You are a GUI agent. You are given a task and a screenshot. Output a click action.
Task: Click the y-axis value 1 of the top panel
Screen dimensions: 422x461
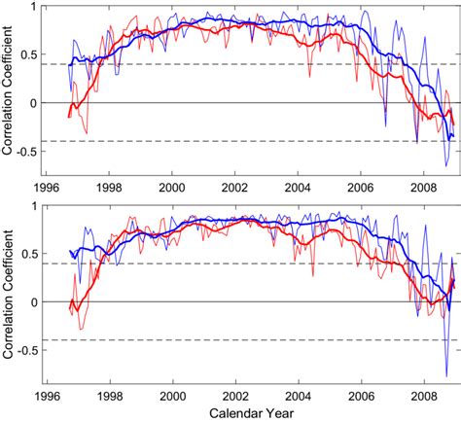point(38,8)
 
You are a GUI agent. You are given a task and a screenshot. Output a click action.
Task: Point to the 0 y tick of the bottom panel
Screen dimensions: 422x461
point(38,302)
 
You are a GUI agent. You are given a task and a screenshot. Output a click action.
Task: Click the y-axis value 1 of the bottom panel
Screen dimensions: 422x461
point(38,207)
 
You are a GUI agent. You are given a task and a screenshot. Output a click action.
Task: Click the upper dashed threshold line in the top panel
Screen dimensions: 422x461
point(243,64)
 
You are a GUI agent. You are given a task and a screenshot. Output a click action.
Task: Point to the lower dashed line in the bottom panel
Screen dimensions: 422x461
point(243,340)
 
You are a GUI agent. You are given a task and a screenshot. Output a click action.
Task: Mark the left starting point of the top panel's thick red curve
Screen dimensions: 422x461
point(68,117)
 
